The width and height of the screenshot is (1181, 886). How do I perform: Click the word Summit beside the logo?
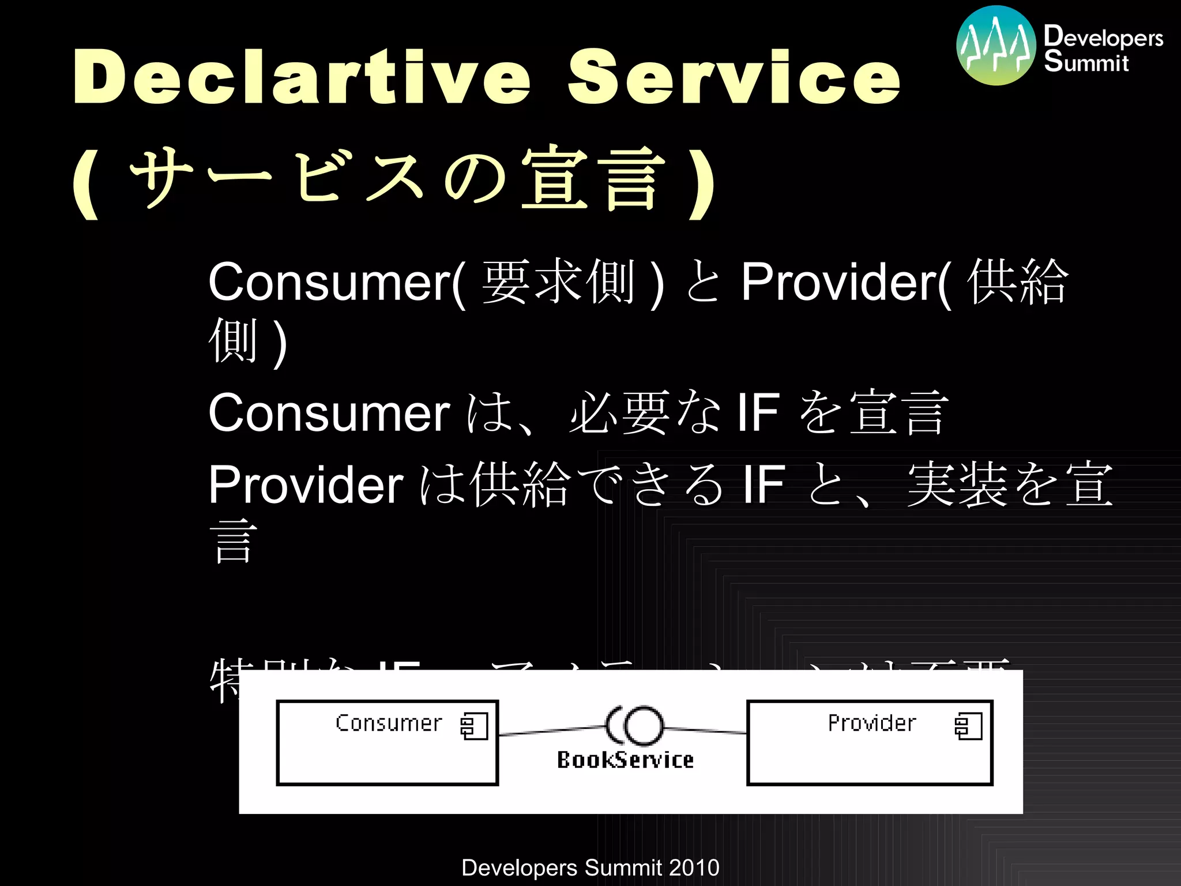click(x=1086, y=62)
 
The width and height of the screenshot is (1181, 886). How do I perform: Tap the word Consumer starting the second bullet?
click(x=329, y=413)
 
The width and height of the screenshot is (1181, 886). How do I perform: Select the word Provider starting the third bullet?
click(x=306, y=485)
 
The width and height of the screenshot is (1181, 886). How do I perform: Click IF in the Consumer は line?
click(x=758, y=413)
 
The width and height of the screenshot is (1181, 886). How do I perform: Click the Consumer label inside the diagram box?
click(x=389, y=723)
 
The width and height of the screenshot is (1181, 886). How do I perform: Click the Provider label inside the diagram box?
click(x=872, y=723)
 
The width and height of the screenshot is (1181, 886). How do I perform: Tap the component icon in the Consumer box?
click(x=474, y=726)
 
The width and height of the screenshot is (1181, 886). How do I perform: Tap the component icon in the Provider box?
click(x=968, y=726)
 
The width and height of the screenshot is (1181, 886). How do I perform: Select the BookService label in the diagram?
click(x=625, y=760)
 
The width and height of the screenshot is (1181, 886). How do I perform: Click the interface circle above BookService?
click(x=644, y=726)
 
